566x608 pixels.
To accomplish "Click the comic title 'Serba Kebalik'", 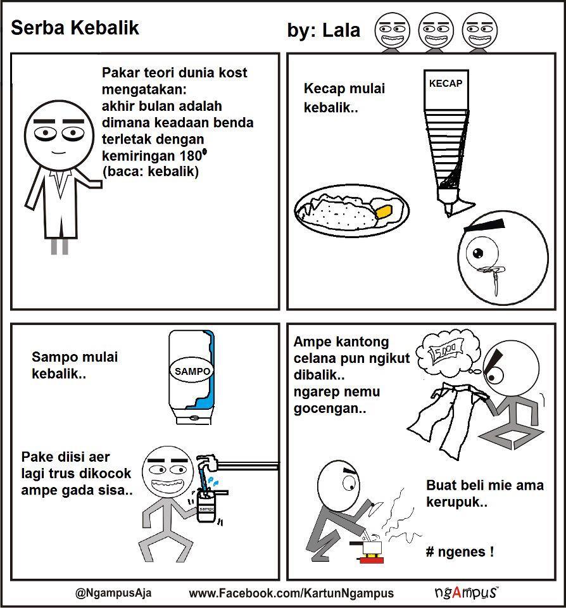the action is tap(75, 28).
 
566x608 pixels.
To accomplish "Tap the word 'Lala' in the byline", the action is tap(341, 30).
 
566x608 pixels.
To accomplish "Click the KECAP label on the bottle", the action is tap(446, 84).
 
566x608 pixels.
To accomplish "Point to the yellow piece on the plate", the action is tap(383, 212).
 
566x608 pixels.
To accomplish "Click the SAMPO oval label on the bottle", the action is tap(192, 371).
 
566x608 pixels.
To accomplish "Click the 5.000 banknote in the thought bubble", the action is tap(446, 351).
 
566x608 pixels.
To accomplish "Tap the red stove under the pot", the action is tap(371, 559).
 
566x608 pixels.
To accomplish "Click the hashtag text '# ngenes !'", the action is tap(460, 552).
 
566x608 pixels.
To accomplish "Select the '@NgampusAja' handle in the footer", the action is tap(113, 593).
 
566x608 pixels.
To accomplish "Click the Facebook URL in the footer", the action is tap(291, 593).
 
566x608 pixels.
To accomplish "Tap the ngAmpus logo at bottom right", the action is tap(467, 592).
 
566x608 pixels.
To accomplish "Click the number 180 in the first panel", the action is tap(191, 156).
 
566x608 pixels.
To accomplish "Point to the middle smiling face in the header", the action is tap(436, 30).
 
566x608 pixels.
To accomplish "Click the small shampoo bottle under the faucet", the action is tap(206, 507).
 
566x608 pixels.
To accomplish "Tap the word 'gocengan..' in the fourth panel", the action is tap(329, 408).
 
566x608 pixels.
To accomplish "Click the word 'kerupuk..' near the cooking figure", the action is tap(456, 502).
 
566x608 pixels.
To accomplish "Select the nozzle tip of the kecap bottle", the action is tap(449, 213).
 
